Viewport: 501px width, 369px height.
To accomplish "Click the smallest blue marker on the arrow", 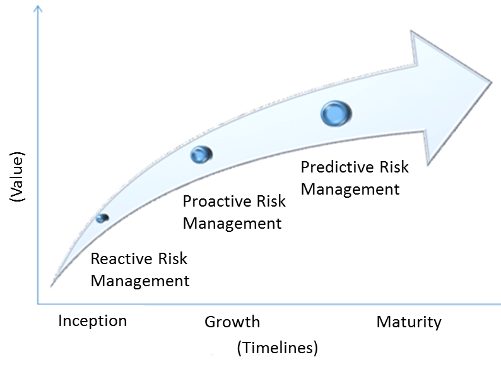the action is [102, 218].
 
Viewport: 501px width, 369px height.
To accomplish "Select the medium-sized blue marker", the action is [201, 155].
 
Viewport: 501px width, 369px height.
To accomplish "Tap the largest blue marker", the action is [336, 114].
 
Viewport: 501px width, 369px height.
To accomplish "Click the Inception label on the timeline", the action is [93, 321].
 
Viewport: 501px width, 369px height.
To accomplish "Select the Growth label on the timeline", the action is [232, 322].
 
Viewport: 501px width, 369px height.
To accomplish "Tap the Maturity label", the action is [409, 322].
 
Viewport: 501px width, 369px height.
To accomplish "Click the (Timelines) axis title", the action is [278, 348].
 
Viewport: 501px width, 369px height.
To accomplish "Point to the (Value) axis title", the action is [17, 177].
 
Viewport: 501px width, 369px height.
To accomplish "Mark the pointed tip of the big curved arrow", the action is [492, 83].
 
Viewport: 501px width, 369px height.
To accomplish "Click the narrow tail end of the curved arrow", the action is [51, 286].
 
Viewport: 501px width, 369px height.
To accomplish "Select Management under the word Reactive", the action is [140, 281].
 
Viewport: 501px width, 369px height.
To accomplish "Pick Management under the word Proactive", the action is [232, 224].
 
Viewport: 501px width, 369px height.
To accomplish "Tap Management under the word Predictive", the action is [350, 190].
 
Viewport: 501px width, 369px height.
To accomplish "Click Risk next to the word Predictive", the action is [394, 167].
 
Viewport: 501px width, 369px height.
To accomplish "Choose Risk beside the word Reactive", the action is [172, 258].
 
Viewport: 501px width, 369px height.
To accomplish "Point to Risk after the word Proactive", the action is [271, 202].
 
